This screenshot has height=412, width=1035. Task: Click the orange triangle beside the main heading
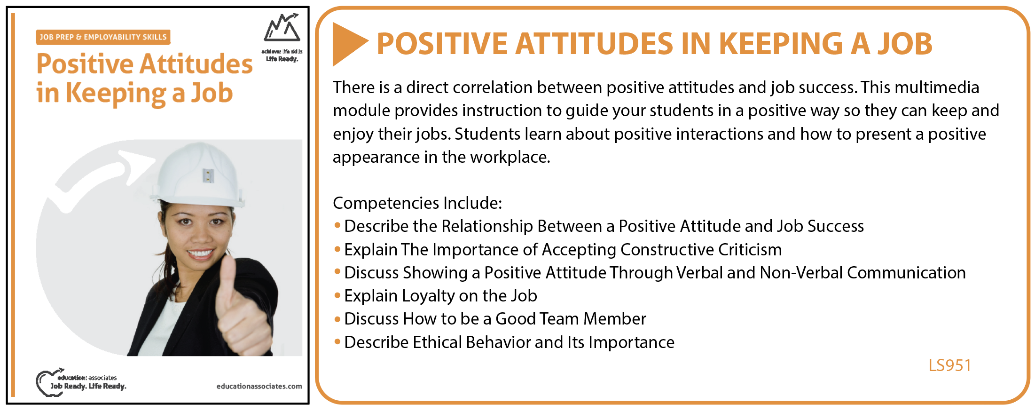pyautogui.click(x=348, y=44)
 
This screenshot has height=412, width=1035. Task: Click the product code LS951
pyautogui.click(x=949, y=365)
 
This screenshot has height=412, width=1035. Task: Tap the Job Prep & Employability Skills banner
pyautogui.click(x=103, y=37)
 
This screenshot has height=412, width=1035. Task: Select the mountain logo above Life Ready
pyautogui.click(x=282, y=28)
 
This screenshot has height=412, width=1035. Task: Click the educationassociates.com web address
pyautogui.click(x=259, y=386)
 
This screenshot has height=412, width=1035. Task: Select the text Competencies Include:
pyautogui.click(x=417, y=203)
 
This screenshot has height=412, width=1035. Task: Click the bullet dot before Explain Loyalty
pyautogui.click(x=337, y=295)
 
